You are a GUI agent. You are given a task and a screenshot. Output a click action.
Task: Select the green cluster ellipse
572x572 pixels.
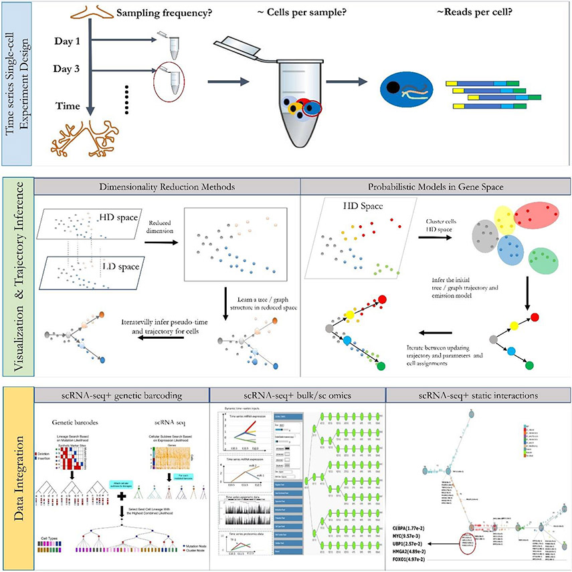coord(543,265)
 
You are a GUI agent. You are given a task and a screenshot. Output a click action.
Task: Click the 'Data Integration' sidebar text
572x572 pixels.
coord(19,472)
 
